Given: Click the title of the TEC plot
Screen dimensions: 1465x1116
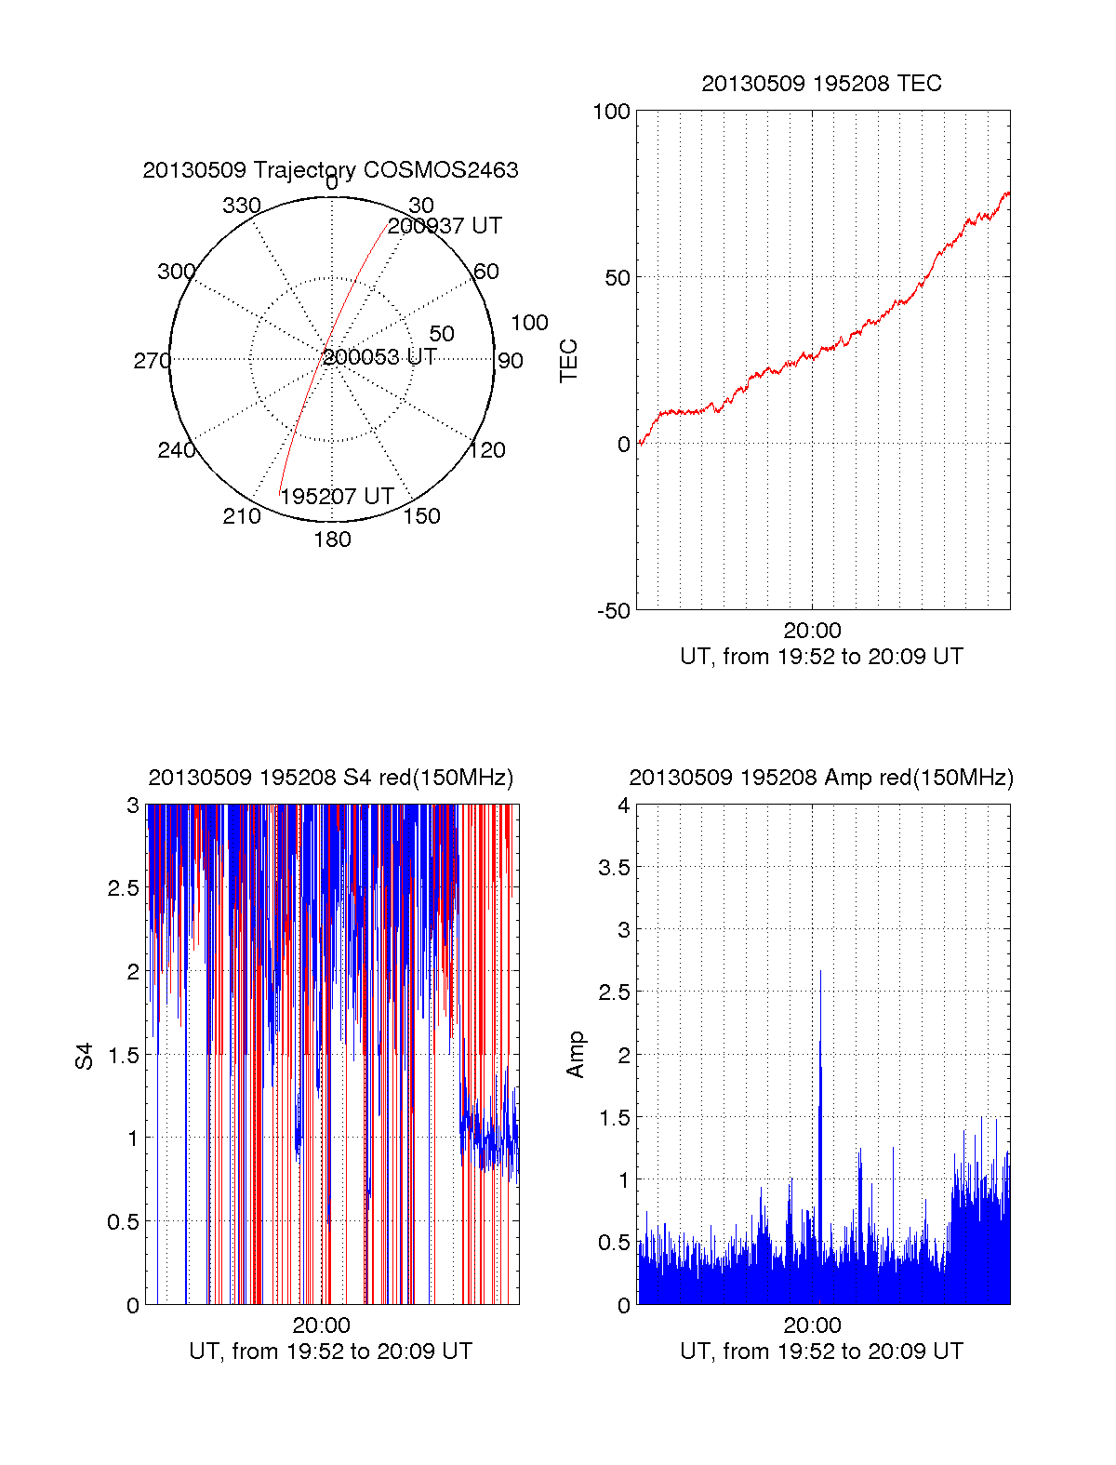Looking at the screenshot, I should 821,84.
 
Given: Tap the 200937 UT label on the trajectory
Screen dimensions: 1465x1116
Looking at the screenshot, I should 445,226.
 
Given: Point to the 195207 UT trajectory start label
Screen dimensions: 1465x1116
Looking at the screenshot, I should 337,497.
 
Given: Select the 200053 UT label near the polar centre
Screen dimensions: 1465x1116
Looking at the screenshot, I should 379,357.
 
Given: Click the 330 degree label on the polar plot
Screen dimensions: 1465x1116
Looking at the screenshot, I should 241,206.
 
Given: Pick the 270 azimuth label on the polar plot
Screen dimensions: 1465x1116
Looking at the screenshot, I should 152,361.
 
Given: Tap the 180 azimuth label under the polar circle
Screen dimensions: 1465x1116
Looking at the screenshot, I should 332,539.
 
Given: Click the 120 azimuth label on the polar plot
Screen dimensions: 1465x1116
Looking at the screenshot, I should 487,451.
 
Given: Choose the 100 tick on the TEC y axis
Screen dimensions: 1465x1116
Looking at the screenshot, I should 611,112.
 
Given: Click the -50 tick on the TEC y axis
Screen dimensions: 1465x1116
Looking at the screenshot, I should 613,611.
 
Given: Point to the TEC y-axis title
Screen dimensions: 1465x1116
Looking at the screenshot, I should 568,361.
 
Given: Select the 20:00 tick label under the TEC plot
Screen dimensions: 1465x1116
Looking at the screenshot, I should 812,632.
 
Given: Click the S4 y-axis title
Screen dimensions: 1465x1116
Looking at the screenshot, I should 85,1056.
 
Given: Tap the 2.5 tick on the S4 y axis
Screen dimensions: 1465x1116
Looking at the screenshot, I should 123,888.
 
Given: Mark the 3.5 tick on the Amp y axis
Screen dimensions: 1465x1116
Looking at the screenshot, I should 613,868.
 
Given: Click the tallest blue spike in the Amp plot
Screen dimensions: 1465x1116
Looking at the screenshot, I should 820,973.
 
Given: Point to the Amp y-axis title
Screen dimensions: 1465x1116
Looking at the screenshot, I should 576,1054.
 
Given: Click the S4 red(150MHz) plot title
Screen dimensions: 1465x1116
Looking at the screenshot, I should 330,778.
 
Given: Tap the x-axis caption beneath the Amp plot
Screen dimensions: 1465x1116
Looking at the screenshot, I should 821,1352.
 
